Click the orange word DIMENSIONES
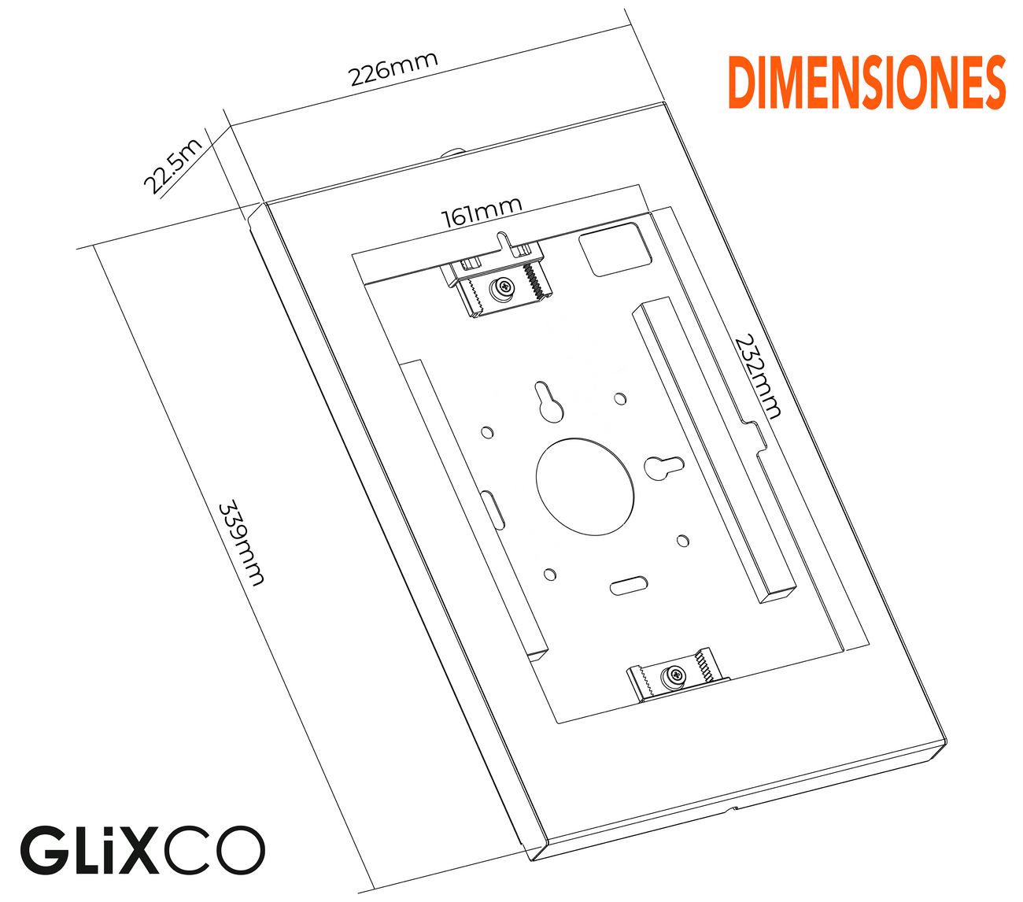pos(866,83)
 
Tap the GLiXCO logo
pos(142,851)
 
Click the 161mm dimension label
pos(482,212)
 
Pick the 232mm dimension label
pos(758,377)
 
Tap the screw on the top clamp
pos(501,290)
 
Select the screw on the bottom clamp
pos(674,675)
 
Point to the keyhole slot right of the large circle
pos(663,467)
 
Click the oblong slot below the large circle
pos(629,586)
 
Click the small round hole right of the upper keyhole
pos(620,398)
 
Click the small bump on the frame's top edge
pos(456,151)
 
